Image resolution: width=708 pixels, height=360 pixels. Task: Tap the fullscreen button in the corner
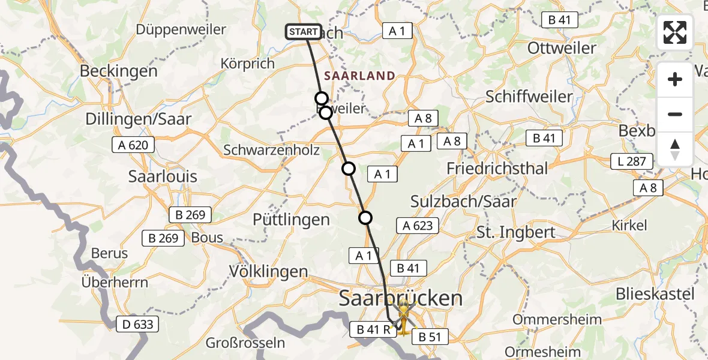pyautogui.click(x=675, y=32)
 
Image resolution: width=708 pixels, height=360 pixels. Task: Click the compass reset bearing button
pyautogui.click(x=675, y=149)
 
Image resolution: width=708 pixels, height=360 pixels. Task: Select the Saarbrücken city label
pyautogui.click(x=401, y=298)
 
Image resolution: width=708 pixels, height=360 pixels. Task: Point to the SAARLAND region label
pyautogui.click(x=360, y=76)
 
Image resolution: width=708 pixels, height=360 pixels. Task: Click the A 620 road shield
pyautogui.click(x=133, y=145)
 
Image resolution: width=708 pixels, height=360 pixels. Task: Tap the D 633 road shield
pyautogui.click(x=139, y=325)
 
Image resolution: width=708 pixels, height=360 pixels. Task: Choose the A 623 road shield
pyautogui.click(x=418, y=226)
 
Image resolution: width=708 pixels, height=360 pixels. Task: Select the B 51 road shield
pyautogui.click(x=430, y=337)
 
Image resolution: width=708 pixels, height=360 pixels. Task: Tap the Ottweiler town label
pyautogui.click(x=562, y=48)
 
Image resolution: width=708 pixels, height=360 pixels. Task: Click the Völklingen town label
pyautogui.click(x=269, y=271)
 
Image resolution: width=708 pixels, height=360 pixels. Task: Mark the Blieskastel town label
pyautogui.click(x=655, y=295)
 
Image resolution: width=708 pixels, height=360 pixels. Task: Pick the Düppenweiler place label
pyautogui.click(x=181, y=29)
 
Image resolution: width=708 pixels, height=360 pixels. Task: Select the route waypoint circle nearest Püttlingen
pyautogui.click(x=365, y=218)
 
